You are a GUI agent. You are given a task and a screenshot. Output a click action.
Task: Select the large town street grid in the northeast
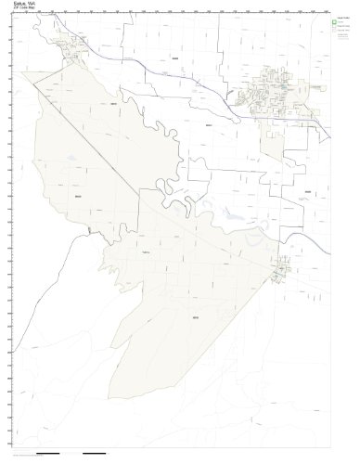click(274, 97)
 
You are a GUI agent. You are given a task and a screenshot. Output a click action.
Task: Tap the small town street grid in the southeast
click(282, 270)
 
